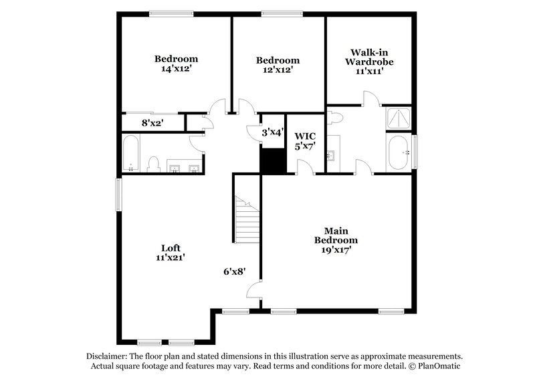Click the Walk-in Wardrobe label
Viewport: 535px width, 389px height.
tap(368, 61)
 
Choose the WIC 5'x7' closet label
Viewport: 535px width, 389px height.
tap(305, 140)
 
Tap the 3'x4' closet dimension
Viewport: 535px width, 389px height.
tap(273, 132)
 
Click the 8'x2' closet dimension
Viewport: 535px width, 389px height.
tap(152, 123)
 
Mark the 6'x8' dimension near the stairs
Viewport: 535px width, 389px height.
tap(235, 271)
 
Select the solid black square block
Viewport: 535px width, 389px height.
tap(272, 160)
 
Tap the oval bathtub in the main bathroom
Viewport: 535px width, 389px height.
tap(400, 153)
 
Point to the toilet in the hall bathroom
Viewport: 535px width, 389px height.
tap(152, 164)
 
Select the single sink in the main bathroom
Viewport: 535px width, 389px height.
tap(331, 156)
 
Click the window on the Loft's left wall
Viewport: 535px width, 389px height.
tap(119, 194)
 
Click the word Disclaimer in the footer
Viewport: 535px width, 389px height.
tap(108, 357)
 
